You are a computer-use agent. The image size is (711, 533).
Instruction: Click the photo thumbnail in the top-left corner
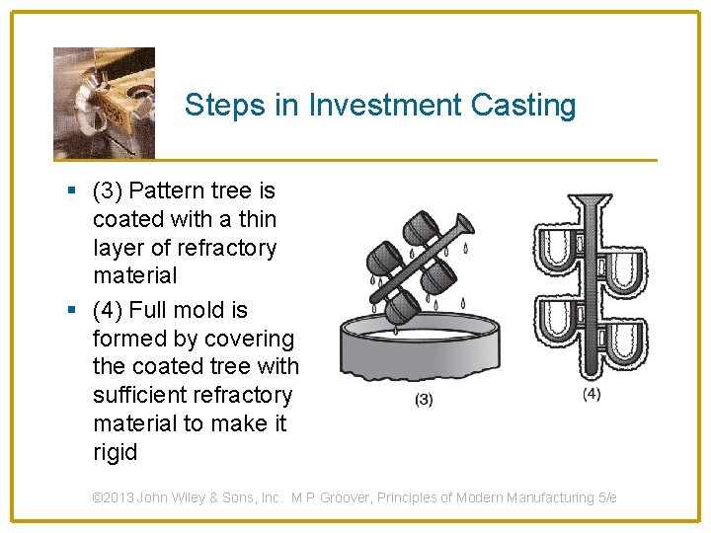104,102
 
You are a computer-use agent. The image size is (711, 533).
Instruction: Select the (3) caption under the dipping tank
423,399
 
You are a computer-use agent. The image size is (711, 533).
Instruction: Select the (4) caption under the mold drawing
591,394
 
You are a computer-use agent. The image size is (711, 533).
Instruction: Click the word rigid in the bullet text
116,453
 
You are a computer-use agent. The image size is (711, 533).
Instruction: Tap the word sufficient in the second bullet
142,396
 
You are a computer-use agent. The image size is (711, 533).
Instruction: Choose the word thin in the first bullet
258,219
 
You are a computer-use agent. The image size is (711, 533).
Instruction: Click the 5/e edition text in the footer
606,498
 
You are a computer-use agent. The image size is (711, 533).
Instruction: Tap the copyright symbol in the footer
97,498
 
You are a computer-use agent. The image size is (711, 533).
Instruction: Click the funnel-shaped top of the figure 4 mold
591,204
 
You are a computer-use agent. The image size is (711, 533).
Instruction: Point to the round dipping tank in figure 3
425,350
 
